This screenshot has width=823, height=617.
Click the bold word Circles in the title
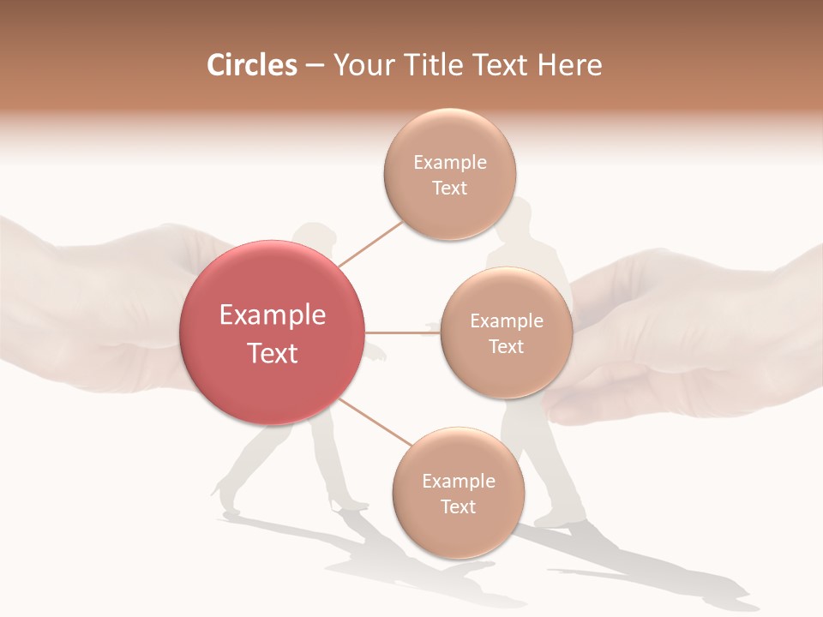pyautogui.click(x=251, y=65)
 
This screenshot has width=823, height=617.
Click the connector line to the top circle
pyautogui.click(x=370, y=243)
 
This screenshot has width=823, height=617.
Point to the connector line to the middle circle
pyautogui.click(x=402, y=332)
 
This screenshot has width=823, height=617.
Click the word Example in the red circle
pyautogui.click(x=272, y=315)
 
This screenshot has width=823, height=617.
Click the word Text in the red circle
pyautogui.click(x=272, y=353)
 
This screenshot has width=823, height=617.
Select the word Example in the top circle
pyautogui.click(x=449, y=163)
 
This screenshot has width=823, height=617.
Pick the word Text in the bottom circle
pyautogui.click(x=458, y=506)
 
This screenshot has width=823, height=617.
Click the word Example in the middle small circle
pyautogui.click(x=506, y=321)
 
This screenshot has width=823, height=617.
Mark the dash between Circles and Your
pyautogui.click(x=314, y=66)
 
